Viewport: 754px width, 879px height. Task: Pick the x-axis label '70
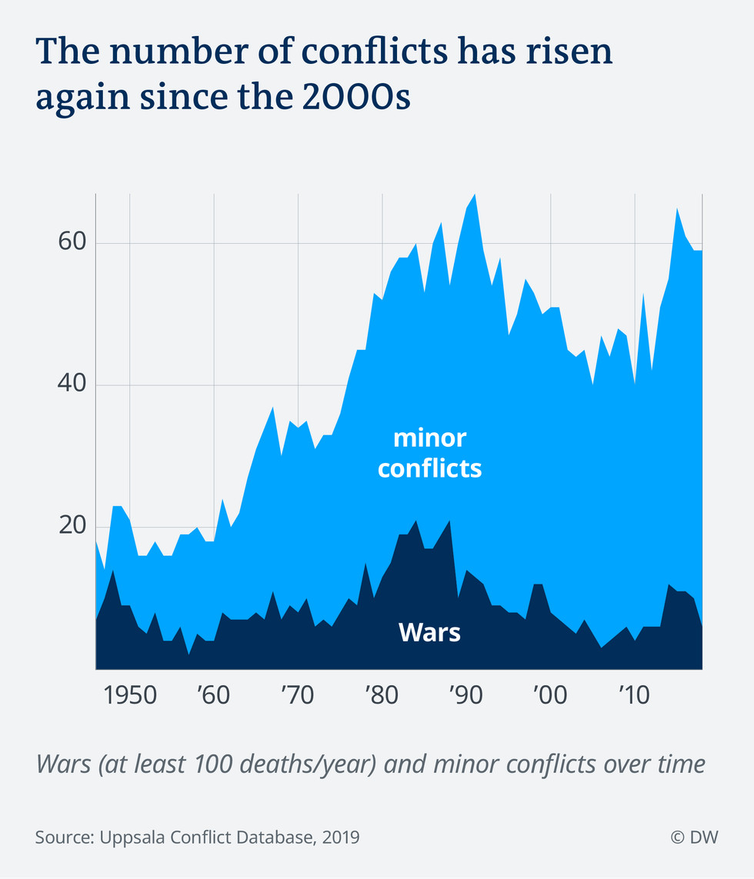297,697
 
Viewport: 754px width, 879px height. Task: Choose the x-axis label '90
465,697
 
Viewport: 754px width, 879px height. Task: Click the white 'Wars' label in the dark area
429,632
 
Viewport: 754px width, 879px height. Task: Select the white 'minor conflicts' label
429,453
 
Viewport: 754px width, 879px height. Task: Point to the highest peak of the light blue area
475,195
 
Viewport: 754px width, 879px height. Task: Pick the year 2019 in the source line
339,837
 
